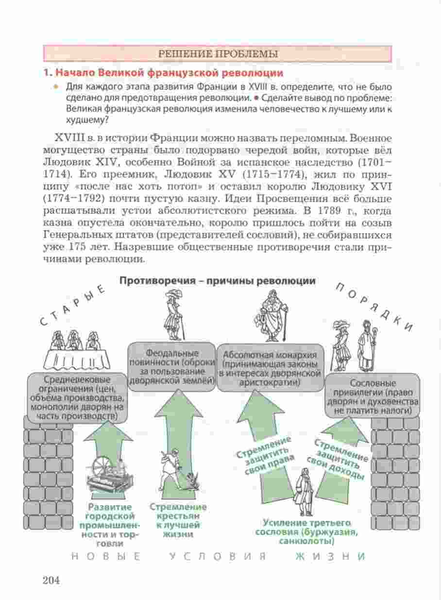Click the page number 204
point(51,580)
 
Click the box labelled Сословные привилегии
point(373,396)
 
